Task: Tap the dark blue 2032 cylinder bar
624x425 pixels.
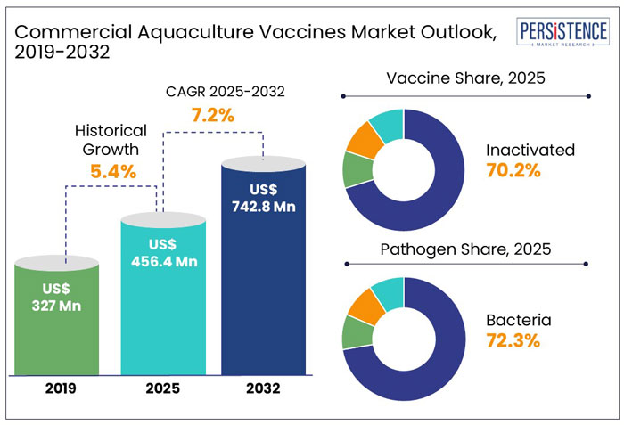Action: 261,267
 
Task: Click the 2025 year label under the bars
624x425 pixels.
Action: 161,388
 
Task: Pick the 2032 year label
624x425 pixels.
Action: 262,388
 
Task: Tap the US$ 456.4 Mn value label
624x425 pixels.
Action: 161,253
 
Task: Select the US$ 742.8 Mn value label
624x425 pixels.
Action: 261,199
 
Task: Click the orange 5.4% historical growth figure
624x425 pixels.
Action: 111,171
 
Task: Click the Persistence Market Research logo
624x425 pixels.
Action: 565,34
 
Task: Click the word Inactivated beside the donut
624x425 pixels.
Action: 530,149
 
